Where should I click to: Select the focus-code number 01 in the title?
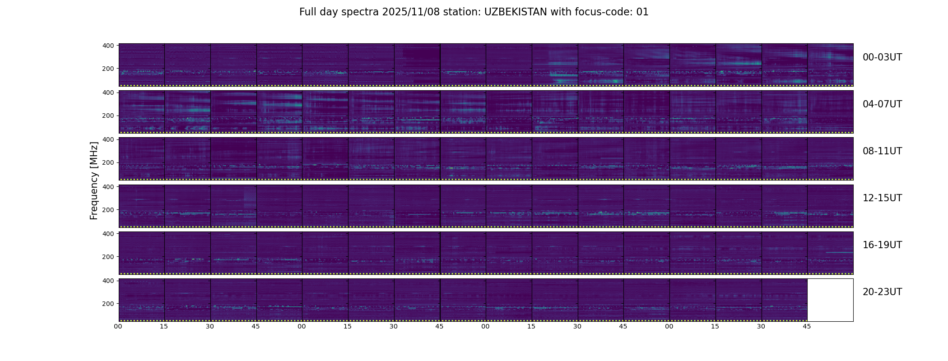(x=642, y=12)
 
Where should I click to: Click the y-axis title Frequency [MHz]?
(x=94, y=180)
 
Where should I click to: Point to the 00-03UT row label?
(x=882, y=57)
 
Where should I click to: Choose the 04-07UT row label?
(x=882, y=104)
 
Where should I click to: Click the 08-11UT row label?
(x=882, y=151)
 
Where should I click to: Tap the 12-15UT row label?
(x=882, y=198)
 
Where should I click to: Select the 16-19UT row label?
(x=882, y=245)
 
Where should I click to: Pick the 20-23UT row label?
(x=882, y=292)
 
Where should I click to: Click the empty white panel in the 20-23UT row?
(x=830, y=300)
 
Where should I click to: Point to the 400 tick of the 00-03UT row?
(x=108, y=46)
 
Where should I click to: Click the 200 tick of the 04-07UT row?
(x=108, y=116)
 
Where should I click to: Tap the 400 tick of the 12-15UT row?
(x=108, y=186)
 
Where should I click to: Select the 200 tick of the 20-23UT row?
(x=108, y=304)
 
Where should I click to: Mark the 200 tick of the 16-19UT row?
(x=108, y=257)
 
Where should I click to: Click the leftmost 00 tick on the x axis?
(x=118, y=326)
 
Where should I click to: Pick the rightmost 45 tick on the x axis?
(x=807, y=326)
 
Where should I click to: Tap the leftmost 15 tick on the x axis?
(x=164, y=326)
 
